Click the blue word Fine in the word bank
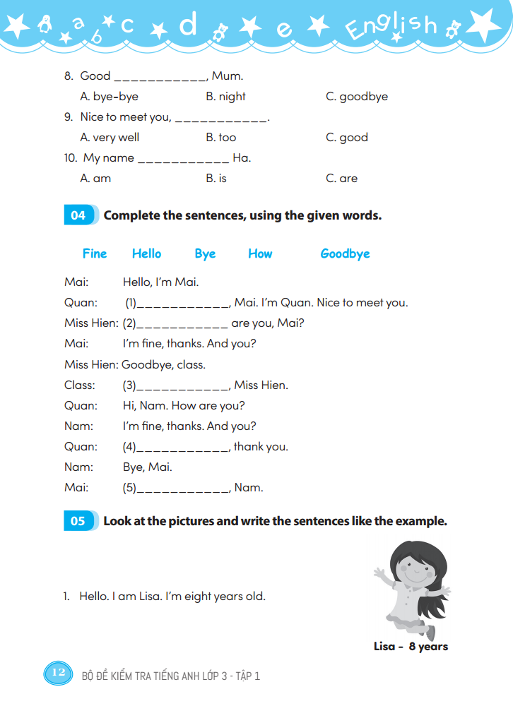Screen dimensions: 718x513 (95, 254)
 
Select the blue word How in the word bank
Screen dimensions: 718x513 (260, 254)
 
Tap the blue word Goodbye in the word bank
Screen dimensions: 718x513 (345, 254)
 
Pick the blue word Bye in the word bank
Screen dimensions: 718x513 (205, 254)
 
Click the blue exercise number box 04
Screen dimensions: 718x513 (78, 215)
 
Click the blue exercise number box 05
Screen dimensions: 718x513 (78, 521)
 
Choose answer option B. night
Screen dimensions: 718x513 (225, 97)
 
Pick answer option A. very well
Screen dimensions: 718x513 (110, 138)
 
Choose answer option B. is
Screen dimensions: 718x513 (216, 179)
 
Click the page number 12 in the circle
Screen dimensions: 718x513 (58, 673)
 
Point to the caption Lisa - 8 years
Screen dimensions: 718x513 (411, 647)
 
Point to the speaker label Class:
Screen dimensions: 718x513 (79, 385)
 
